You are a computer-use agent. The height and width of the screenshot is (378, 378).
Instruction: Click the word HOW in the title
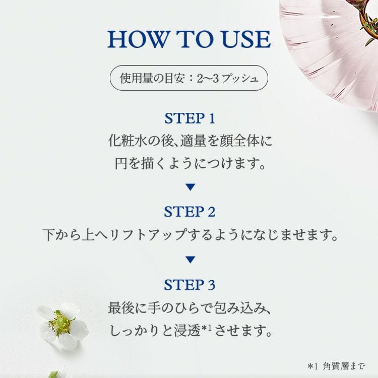coord(138,39)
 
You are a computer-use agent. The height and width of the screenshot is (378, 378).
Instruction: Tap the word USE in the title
coord(245,39)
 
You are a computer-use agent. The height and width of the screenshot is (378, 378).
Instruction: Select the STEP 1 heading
coord(190,118)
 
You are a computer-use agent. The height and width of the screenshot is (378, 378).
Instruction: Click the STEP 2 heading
coord(190,212)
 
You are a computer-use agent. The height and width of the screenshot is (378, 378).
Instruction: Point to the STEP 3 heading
coord(190,285)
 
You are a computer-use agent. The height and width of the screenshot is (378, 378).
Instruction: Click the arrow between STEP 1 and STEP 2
coord(190,187)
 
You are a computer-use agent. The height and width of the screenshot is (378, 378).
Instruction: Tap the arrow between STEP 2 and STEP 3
coord(190,260)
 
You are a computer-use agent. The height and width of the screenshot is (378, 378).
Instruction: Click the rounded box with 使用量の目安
coord(189,78)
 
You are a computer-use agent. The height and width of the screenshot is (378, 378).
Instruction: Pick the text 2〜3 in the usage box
coord(208,78)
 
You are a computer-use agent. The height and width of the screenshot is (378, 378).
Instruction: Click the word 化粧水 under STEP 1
coord(128,141)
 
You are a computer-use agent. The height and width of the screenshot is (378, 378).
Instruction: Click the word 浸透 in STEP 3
coord(187,330)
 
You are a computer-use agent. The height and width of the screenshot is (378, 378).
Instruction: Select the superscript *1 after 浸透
coord(207,328)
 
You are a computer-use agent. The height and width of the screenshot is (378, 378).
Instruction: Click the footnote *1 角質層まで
coord(336,366)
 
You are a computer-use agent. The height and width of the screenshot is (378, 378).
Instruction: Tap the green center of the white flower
coord(60,323)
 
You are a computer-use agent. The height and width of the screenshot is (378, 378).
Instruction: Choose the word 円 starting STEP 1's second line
coord(121,164)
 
